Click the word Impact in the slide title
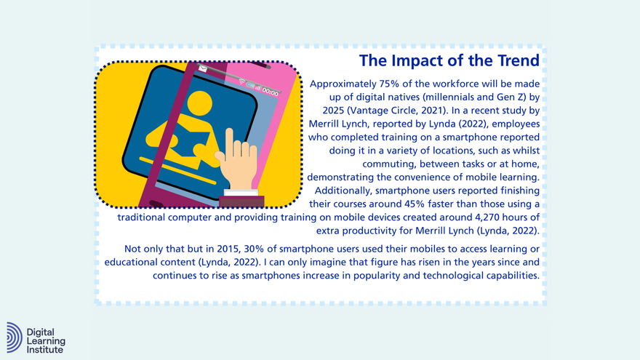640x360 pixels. tap(431, 60)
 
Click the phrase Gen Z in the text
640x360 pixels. tap(496, 97)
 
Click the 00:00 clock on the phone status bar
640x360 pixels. tap(271, 92)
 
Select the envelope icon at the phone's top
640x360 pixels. tap(202, 69)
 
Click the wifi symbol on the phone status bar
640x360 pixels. tap(241, 82)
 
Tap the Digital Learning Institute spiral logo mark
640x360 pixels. tap(15, 337)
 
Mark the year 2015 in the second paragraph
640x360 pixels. tap(218, 249)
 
